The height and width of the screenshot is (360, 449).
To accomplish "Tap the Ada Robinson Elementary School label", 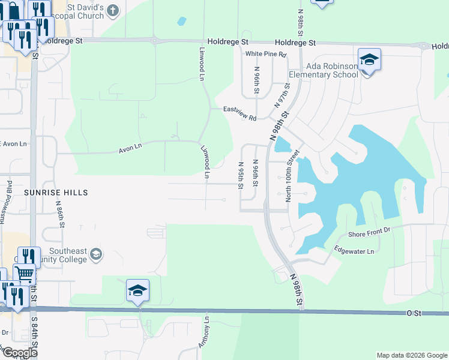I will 324,70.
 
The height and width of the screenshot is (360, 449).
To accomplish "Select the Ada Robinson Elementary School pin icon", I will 370,60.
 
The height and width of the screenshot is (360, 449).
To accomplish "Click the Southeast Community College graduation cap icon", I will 95,256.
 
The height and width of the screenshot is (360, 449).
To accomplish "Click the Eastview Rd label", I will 240,113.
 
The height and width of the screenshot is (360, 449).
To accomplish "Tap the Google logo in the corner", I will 20,353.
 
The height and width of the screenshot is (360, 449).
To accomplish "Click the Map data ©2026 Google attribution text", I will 411,355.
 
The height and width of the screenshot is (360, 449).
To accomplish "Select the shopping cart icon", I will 25,274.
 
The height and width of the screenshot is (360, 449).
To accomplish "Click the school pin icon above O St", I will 137,291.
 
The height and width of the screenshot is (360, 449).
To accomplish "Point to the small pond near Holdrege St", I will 181,22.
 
